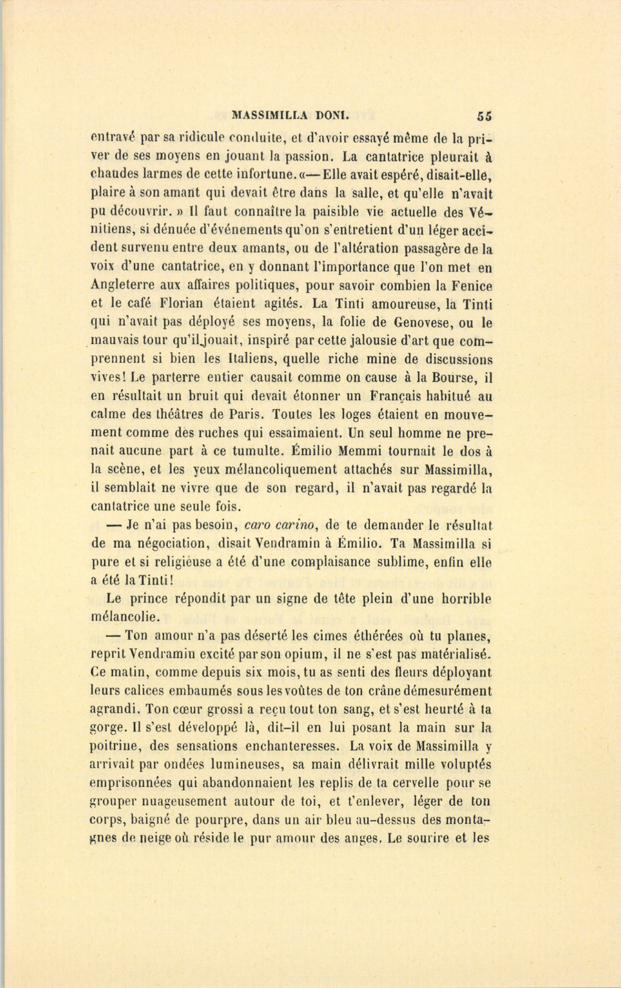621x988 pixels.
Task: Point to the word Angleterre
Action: (x=125, y=286)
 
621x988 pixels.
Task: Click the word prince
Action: (x=162, y=599)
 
